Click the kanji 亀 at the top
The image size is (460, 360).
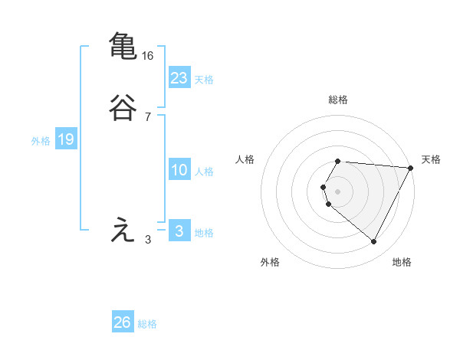pos(123,44)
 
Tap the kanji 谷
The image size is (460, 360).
pos(123,108)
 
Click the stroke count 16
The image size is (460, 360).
pos(148,56)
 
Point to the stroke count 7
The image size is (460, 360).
pos(148,117)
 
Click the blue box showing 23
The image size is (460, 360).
pos(179,77)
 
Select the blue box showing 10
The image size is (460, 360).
pos(179,170)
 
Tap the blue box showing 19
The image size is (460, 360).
pos(65,139)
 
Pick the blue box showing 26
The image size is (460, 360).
pos(123,322)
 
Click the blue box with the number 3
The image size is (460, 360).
pos(179,231)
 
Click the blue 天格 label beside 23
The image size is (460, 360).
pos(204,80)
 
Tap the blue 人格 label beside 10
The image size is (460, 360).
pos(204,172)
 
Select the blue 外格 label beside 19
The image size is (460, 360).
pos(41,141)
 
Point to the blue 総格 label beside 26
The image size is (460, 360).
pos(147,324)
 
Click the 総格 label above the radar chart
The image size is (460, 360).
pos(338,100)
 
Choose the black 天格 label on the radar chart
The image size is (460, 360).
pos(431,159)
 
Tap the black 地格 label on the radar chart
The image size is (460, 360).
pos(402,262)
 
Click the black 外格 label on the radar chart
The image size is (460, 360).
pos(270,262)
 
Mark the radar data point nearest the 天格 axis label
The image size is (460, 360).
pos(411,167)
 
